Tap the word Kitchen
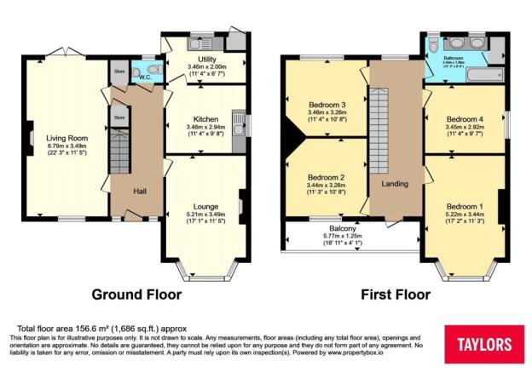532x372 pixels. (x=205, y=119)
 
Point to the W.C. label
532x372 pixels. (x=146, y=77)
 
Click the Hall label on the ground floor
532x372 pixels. (x=140, y=192)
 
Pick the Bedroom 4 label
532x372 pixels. (x=464, y=118)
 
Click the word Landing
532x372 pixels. (x=394, y=183)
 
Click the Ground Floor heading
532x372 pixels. (x=136, y=295)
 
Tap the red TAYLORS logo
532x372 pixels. (x=484, y=344)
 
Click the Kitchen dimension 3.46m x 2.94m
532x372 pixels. (x=205, y=127)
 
